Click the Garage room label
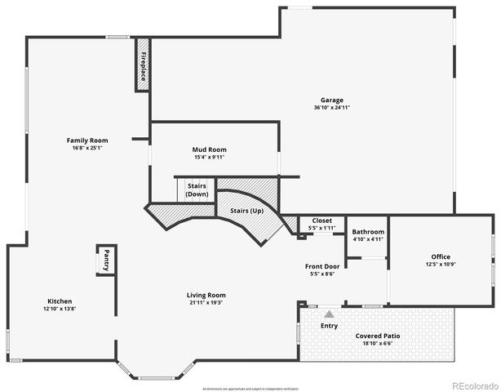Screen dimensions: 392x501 pos(331,100)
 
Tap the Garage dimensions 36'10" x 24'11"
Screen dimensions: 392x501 pos(331,108)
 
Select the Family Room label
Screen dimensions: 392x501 pos(87,140)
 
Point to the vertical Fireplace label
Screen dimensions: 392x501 pos(143,65)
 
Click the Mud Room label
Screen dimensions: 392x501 pos(209,149)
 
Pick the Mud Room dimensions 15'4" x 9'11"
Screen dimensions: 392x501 pos(209,157)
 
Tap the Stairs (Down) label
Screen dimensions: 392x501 pos(197,189)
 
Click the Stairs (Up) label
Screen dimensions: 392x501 pos(246,211)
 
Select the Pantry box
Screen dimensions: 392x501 pos(106,261)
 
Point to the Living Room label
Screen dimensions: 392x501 pos(206,295)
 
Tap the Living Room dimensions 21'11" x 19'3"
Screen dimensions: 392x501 pos(206,302)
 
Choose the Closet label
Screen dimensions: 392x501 pos(321,220)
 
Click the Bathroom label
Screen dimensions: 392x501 pos(368,232)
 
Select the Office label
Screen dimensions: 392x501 pos(441,256)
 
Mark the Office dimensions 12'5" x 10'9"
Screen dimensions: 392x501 pos(441,264)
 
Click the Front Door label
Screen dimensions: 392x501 pos(321,266)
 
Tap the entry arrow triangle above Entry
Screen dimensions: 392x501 pos(329,313)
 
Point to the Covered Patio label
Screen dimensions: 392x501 pos(378,336)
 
